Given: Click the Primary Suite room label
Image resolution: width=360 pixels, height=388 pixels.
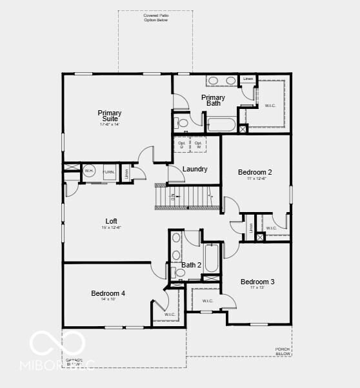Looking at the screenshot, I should pos(110,116).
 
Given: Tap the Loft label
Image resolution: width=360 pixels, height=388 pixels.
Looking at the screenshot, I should pos(111,221).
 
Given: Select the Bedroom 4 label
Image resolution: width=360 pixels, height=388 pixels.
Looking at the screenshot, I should pos(108,293).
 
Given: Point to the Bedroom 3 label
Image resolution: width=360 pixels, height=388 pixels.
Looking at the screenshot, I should pos(257,282).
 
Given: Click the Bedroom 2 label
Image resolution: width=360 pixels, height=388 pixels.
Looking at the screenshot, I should pos(255,172).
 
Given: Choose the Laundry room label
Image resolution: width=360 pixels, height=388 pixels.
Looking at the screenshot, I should pos(195,170).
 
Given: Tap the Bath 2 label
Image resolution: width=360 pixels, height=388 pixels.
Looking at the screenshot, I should pos(192,265).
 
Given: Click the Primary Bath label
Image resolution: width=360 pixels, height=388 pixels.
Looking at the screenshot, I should pos(213,101).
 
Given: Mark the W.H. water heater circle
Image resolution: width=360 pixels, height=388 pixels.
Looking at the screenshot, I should pos(89,171).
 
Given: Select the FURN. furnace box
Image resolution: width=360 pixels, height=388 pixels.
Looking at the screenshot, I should pos(109,172).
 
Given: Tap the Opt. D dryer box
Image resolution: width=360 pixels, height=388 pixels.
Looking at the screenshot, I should pos(182,144).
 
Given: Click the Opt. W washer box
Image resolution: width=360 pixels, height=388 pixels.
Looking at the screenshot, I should pos(198,144).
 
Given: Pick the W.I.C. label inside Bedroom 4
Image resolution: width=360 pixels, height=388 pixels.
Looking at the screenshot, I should pos(169,315).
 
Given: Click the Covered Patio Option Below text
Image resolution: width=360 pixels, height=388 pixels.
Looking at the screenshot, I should pos(155,17).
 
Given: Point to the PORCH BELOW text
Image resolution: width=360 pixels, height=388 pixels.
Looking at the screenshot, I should pos(283,351).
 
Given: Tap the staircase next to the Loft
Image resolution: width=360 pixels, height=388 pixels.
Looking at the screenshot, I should pos(186,196).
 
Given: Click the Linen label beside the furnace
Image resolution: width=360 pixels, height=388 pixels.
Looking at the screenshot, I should pos(126,173).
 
